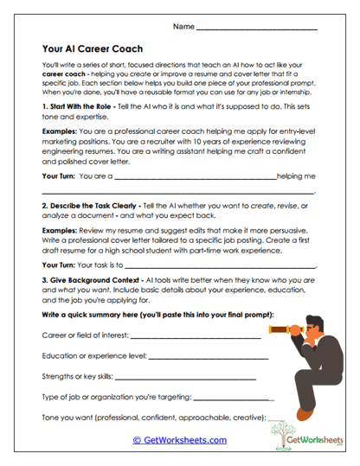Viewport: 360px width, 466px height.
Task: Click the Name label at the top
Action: (183, 27)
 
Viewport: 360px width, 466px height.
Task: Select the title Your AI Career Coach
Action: (92, 49)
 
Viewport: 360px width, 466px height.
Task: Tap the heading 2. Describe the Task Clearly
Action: (100, 207)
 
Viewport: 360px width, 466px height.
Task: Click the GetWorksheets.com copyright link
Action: (179, 440)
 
